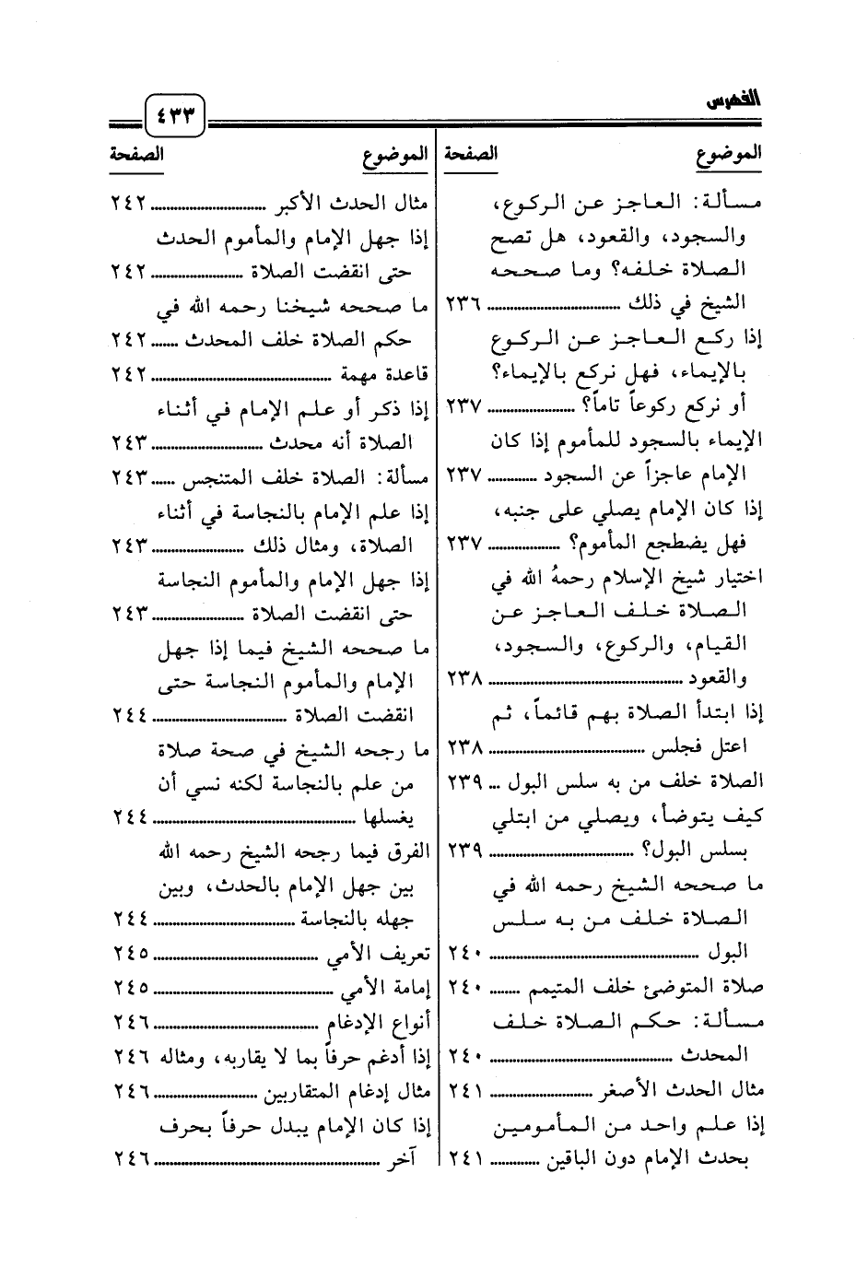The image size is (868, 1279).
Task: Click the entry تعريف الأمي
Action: tap(381, 952)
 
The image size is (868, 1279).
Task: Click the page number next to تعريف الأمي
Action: tap(131, 952)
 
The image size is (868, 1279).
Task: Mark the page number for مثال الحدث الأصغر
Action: tap(465, 1090)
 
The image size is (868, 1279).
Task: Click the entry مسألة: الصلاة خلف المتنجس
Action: tap(328, 476)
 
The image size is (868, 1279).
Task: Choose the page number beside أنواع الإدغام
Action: tap(131, 1021)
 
